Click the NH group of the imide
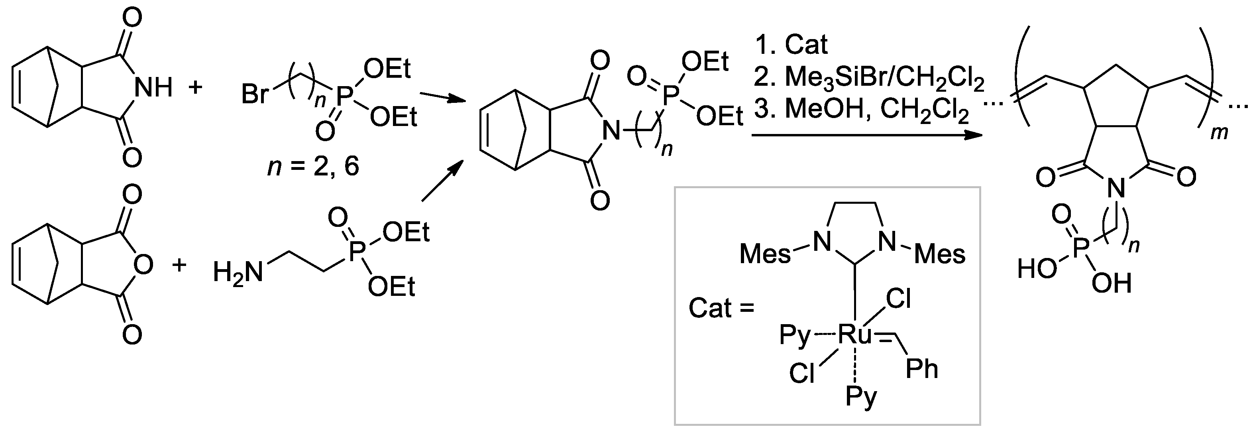click(153, 88)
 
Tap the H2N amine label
click(238, 272)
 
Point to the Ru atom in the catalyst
click(854, 335)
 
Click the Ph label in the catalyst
click(922, 369)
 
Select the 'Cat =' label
click(721, 308)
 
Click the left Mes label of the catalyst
click(765, 254)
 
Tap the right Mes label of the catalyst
click(940, 254)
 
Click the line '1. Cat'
click(791, 45)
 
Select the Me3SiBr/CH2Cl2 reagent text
click(869, 79)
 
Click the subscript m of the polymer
click(1219, 132)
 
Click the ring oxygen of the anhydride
click(144, 265)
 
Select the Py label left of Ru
click(796, 336)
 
